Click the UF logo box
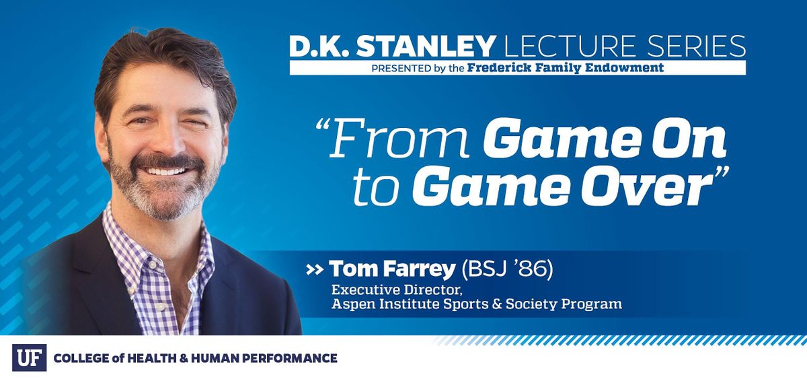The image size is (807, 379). (29, 357)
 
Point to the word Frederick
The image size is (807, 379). (498, 68)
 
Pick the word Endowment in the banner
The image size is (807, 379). (625, 68)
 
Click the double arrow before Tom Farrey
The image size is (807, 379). (314, 270)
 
